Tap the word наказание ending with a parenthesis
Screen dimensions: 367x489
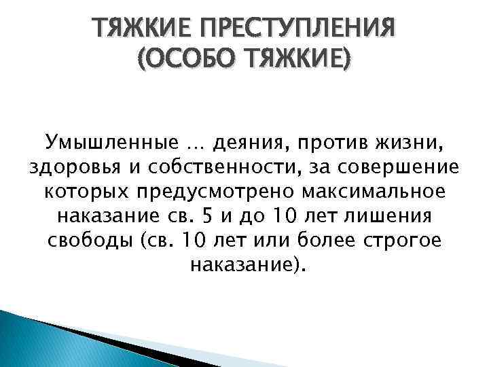tap(246, 266)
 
